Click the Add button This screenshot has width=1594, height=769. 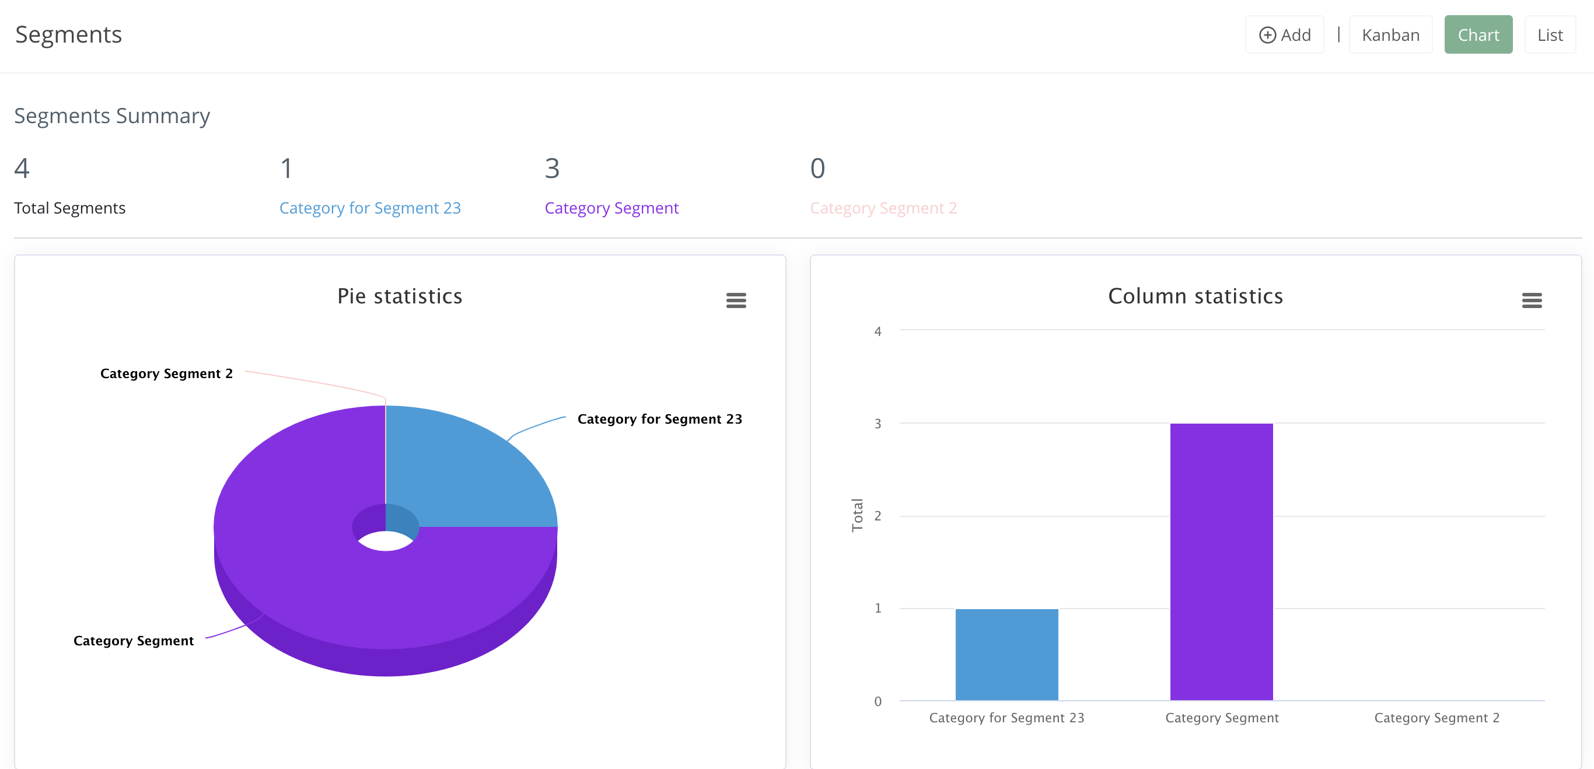tap(1284, 34)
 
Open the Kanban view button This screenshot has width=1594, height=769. tap(1390, 34)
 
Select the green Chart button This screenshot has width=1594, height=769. tap(1478, 34)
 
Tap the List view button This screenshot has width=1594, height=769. tap(1550, 34)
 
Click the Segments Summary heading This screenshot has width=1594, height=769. tap(112, 116)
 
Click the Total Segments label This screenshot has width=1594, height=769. tap(70, 208)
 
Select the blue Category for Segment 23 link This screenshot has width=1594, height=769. tap(369, 208)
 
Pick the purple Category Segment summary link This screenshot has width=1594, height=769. tap(611, 208)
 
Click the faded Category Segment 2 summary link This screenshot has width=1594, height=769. tap(883, 208)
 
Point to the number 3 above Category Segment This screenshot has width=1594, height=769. tap(552, 168)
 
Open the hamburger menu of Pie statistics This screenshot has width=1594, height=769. tap(736, 300)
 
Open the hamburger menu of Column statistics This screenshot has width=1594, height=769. tap(1532, 300)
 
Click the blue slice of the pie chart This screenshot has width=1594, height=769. tap(464, 470)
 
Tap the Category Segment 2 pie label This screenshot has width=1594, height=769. tap(166, 373)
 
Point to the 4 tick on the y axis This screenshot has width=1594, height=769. tap(878, 331)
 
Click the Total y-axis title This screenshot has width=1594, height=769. tap(857, 515)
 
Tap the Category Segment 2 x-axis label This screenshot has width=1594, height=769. tap(1436, 718)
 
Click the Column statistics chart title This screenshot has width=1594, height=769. tap(1195, 296)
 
